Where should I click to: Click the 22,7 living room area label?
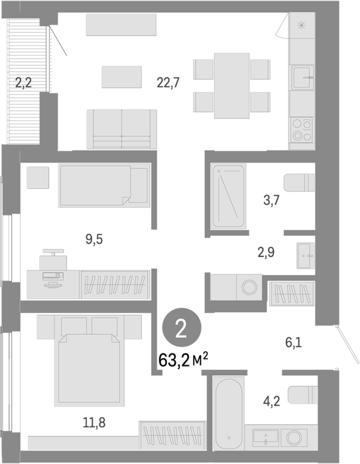click(168, 83)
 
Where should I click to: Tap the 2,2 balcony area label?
click(23, 83)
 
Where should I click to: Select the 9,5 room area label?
click(94, 239)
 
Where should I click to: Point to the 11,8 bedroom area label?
click(94, 423)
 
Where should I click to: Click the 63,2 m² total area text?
click(183, 360)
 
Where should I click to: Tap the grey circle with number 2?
click(182, 327)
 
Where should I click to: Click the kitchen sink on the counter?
click(302, 78)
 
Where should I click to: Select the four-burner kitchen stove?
click(302, 130)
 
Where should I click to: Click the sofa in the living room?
click(122, 129)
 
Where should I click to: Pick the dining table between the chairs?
click(232, 86)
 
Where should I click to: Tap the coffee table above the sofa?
click(122, 77)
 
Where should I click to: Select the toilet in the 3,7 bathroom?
click(299, 182)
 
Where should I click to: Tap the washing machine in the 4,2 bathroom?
click(294, 437)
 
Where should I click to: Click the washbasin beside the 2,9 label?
click(306, 255)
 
